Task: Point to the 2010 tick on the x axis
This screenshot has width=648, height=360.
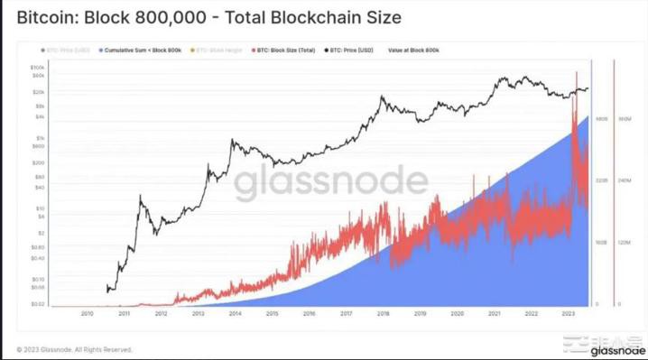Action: tap(87, 314)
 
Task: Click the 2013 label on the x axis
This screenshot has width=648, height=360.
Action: tap(198, 314)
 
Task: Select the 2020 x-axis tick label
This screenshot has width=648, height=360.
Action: tap(457, 314)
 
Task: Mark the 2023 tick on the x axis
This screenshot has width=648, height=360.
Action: tap(568, 314)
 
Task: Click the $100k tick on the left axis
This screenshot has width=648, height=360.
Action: tap(37, 68)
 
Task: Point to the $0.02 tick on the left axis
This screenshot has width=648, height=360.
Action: tap(38, 305)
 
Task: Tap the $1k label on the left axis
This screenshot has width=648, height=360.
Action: tap(40, 138)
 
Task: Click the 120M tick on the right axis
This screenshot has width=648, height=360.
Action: tap(623, 243)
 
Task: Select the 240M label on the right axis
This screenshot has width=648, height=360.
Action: tap(623, 180)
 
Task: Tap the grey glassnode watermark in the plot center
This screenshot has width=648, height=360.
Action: tap(331, 184)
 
